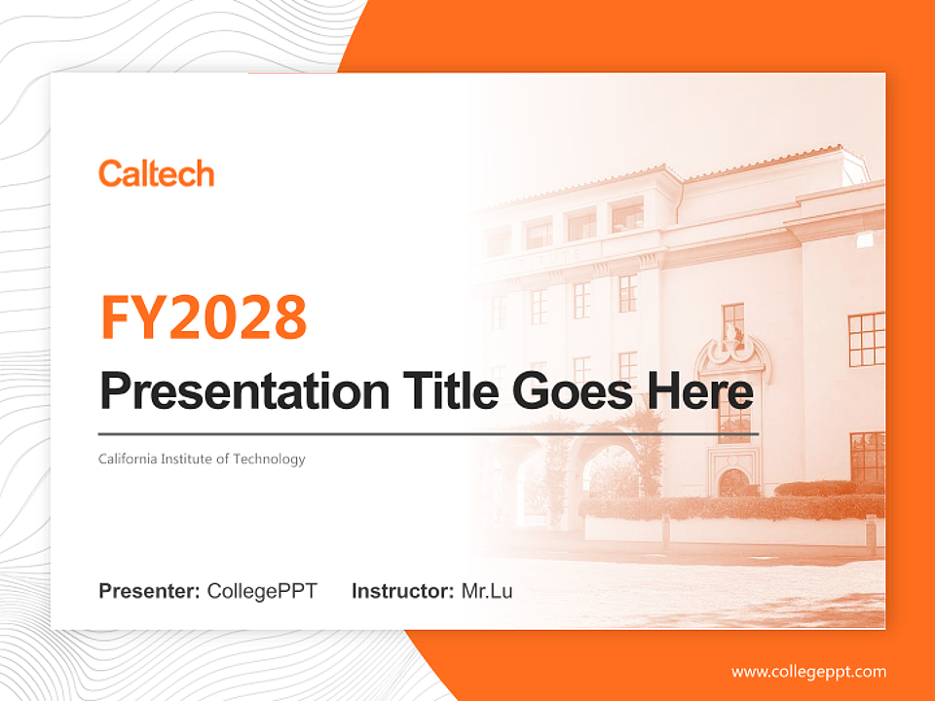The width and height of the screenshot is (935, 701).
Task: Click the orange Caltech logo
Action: (156, 174)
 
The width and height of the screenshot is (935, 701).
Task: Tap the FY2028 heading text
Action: (204, 316)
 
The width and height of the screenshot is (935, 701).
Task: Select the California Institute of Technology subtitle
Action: (202, 459)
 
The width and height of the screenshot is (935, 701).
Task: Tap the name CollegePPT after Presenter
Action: (262, 590)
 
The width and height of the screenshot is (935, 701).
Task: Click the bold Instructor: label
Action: (402, 590)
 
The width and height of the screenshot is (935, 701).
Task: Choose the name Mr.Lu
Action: (487, 590)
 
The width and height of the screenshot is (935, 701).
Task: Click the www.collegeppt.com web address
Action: (808, 671)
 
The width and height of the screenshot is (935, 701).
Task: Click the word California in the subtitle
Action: (130, 459)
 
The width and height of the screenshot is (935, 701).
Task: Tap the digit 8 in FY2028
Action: (288, 316)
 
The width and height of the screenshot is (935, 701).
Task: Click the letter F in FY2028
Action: (116, 316)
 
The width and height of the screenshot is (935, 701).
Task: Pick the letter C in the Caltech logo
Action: (109, 174)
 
